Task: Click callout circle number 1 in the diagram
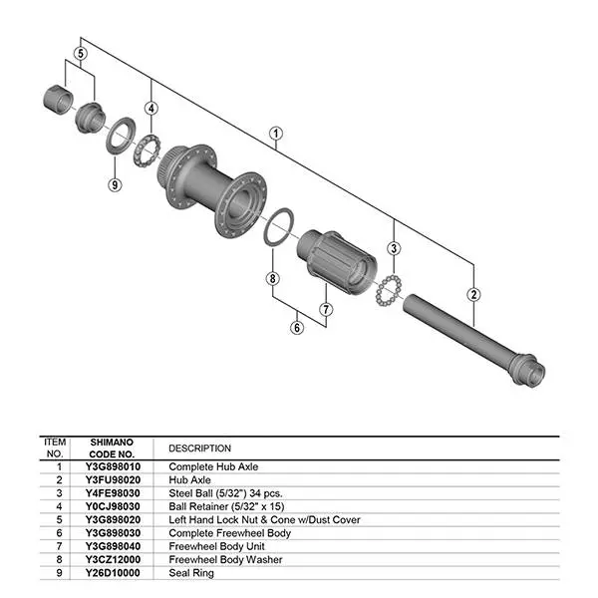click(276, 133)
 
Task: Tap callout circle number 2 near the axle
click(473, 294)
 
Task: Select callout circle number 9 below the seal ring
click(115, 183)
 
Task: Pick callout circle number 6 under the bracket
click(296, 326)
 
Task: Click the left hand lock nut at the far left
click(57, 102)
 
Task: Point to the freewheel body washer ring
click(278, 227)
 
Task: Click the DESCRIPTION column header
click(199, 448)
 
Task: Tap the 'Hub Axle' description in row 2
click(190, 478)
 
